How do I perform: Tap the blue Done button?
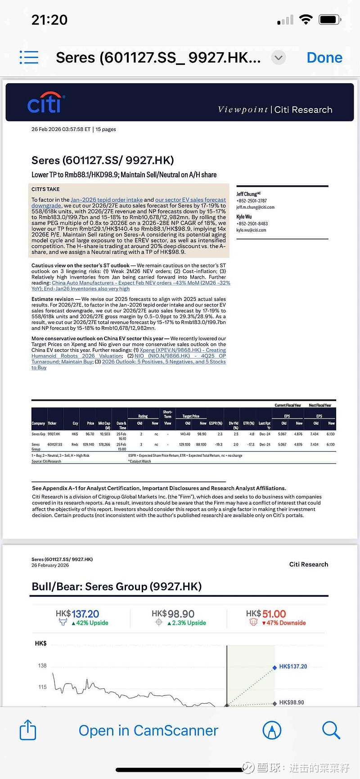pos(324,58)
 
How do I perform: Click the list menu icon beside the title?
pos(29,57)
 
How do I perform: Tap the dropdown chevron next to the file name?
pos(279,58)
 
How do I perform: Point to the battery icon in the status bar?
pos(330,20)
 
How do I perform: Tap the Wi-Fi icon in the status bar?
pos(306,19)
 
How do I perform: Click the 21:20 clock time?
pos(49,20)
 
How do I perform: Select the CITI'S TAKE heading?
pos(45,189)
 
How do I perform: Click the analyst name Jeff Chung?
pos(247,194)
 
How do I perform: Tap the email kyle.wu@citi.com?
pos(251,230)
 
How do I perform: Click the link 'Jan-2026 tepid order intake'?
pos(107,200)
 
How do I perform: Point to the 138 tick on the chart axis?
pos(42,666)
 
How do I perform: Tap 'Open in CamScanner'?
pos(148,730)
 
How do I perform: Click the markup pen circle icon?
pos(272,730)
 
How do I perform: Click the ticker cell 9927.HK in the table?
pos(54,434)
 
